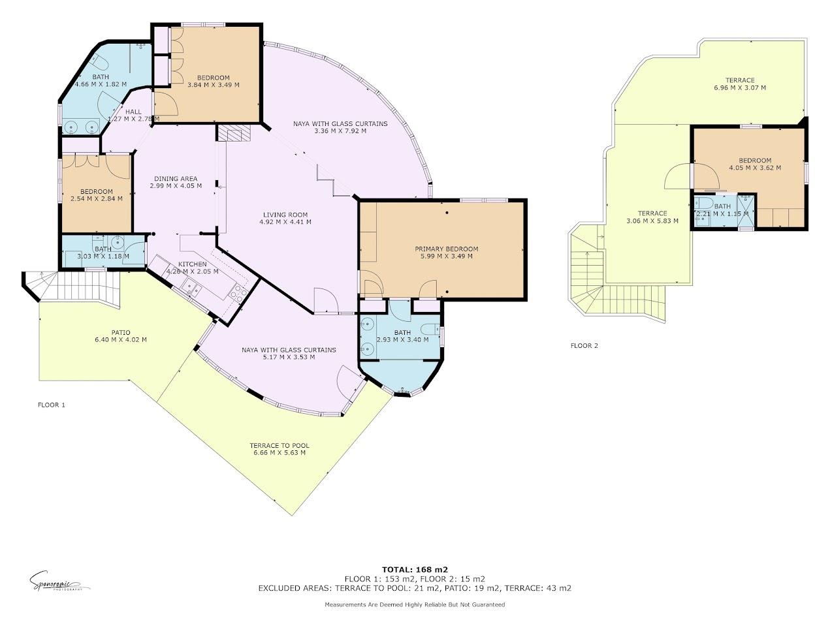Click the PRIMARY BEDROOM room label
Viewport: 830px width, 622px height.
tap(447, 249)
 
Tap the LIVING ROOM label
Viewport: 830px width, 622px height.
tap(285, 215)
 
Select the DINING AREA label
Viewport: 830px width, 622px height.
tap(176, 179)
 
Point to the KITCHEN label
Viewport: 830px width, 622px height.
tap(192, 264)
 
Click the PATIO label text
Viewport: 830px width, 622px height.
tap(121, 332)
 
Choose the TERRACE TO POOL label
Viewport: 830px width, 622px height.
tap(279, 446)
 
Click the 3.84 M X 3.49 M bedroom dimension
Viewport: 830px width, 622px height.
tap(213, 85)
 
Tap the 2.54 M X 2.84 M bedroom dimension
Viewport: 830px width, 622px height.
tap(97, 199)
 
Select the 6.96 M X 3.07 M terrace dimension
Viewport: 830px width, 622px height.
tap(739, 87)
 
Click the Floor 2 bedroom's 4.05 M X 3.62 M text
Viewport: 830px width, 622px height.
tap(755, 168)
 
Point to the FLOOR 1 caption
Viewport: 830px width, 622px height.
tap(52, 405)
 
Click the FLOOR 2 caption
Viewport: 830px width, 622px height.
tap(584, 346)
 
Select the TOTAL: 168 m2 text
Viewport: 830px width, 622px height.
tap(415, 569)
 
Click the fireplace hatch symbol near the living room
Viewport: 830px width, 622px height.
tap(234, 133)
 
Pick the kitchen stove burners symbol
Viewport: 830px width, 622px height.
tap(238, 294)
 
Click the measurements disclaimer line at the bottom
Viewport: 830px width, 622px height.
tap(415, 605)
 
